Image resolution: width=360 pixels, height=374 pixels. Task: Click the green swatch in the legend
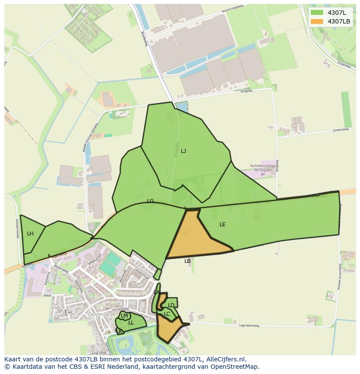(317, 13)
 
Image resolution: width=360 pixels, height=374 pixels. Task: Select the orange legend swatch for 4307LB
(317, 21)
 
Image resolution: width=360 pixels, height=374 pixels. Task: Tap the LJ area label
(183, 151)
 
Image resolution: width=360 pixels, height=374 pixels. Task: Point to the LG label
(150, 201)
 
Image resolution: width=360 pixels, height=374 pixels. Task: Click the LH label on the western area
(30, 234)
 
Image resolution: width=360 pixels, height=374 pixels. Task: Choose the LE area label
(223, 225)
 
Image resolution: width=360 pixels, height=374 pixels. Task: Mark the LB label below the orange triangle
(187, 261)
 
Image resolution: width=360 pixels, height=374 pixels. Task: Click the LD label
(171, 305)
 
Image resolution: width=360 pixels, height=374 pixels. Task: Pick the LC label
(167, 314)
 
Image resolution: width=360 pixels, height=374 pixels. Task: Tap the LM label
(124, 316)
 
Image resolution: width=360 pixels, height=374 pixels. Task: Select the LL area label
(131, 323)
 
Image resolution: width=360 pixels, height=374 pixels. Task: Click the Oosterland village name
(101, 314)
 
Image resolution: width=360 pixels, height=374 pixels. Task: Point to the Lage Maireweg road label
(249, 325)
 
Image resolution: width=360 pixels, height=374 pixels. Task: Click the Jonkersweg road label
(341, 129)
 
